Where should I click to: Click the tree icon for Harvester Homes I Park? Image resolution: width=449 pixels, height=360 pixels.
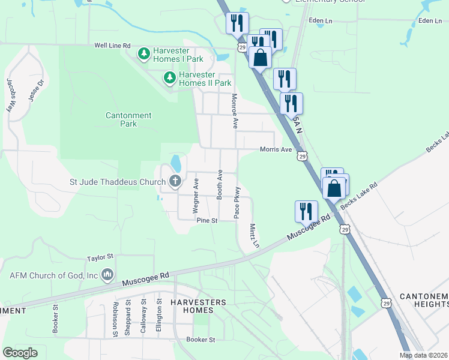tap(143, 55)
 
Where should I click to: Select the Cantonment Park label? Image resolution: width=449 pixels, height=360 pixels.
tap(128, 119)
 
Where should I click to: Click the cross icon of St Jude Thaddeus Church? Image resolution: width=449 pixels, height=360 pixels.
tap(175, 181)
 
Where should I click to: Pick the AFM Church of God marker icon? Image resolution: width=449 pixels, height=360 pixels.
tap(107, 275)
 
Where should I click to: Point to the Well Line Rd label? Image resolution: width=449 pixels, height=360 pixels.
tap(112, 45)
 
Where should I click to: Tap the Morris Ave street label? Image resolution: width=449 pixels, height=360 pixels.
tap(276, 149)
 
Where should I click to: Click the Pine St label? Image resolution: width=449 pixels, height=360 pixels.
tap(207, 221)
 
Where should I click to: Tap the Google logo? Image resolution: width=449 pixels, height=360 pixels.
tap(20, 353)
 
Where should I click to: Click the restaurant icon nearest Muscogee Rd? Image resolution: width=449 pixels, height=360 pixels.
tap(307, 212)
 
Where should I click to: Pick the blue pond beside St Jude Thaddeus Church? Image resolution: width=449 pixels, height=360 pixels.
tap(175, 163)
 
